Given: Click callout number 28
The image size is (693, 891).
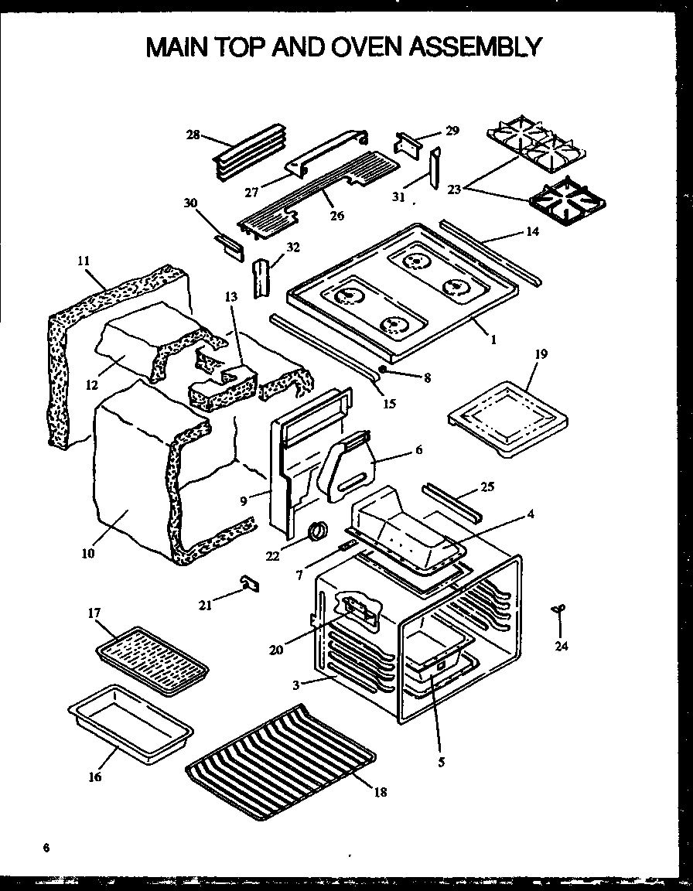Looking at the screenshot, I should tap(193, 135).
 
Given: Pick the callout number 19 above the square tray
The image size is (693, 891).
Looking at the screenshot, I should tap(541, 354).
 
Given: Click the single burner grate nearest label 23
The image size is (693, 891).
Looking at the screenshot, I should tap(568, 198).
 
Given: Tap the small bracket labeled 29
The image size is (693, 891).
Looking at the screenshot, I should tap(408, 143).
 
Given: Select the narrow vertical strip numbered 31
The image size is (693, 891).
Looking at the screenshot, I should tap(435, 168).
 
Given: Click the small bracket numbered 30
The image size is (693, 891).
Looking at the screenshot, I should tap(229, 248).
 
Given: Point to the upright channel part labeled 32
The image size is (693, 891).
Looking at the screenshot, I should tap(261, 276).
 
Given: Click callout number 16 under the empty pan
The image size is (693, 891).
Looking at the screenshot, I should tap(95, 777).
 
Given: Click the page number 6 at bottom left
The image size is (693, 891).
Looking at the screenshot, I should tap(46, 848).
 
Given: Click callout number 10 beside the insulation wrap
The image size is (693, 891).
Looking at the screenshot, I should tap(87, 553).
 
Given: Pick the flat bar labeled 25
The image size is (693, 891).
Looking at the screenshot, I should tap(452, 502).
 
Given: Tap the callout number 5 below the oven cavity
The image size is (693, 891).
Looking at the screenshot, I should tap(441, 762).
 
